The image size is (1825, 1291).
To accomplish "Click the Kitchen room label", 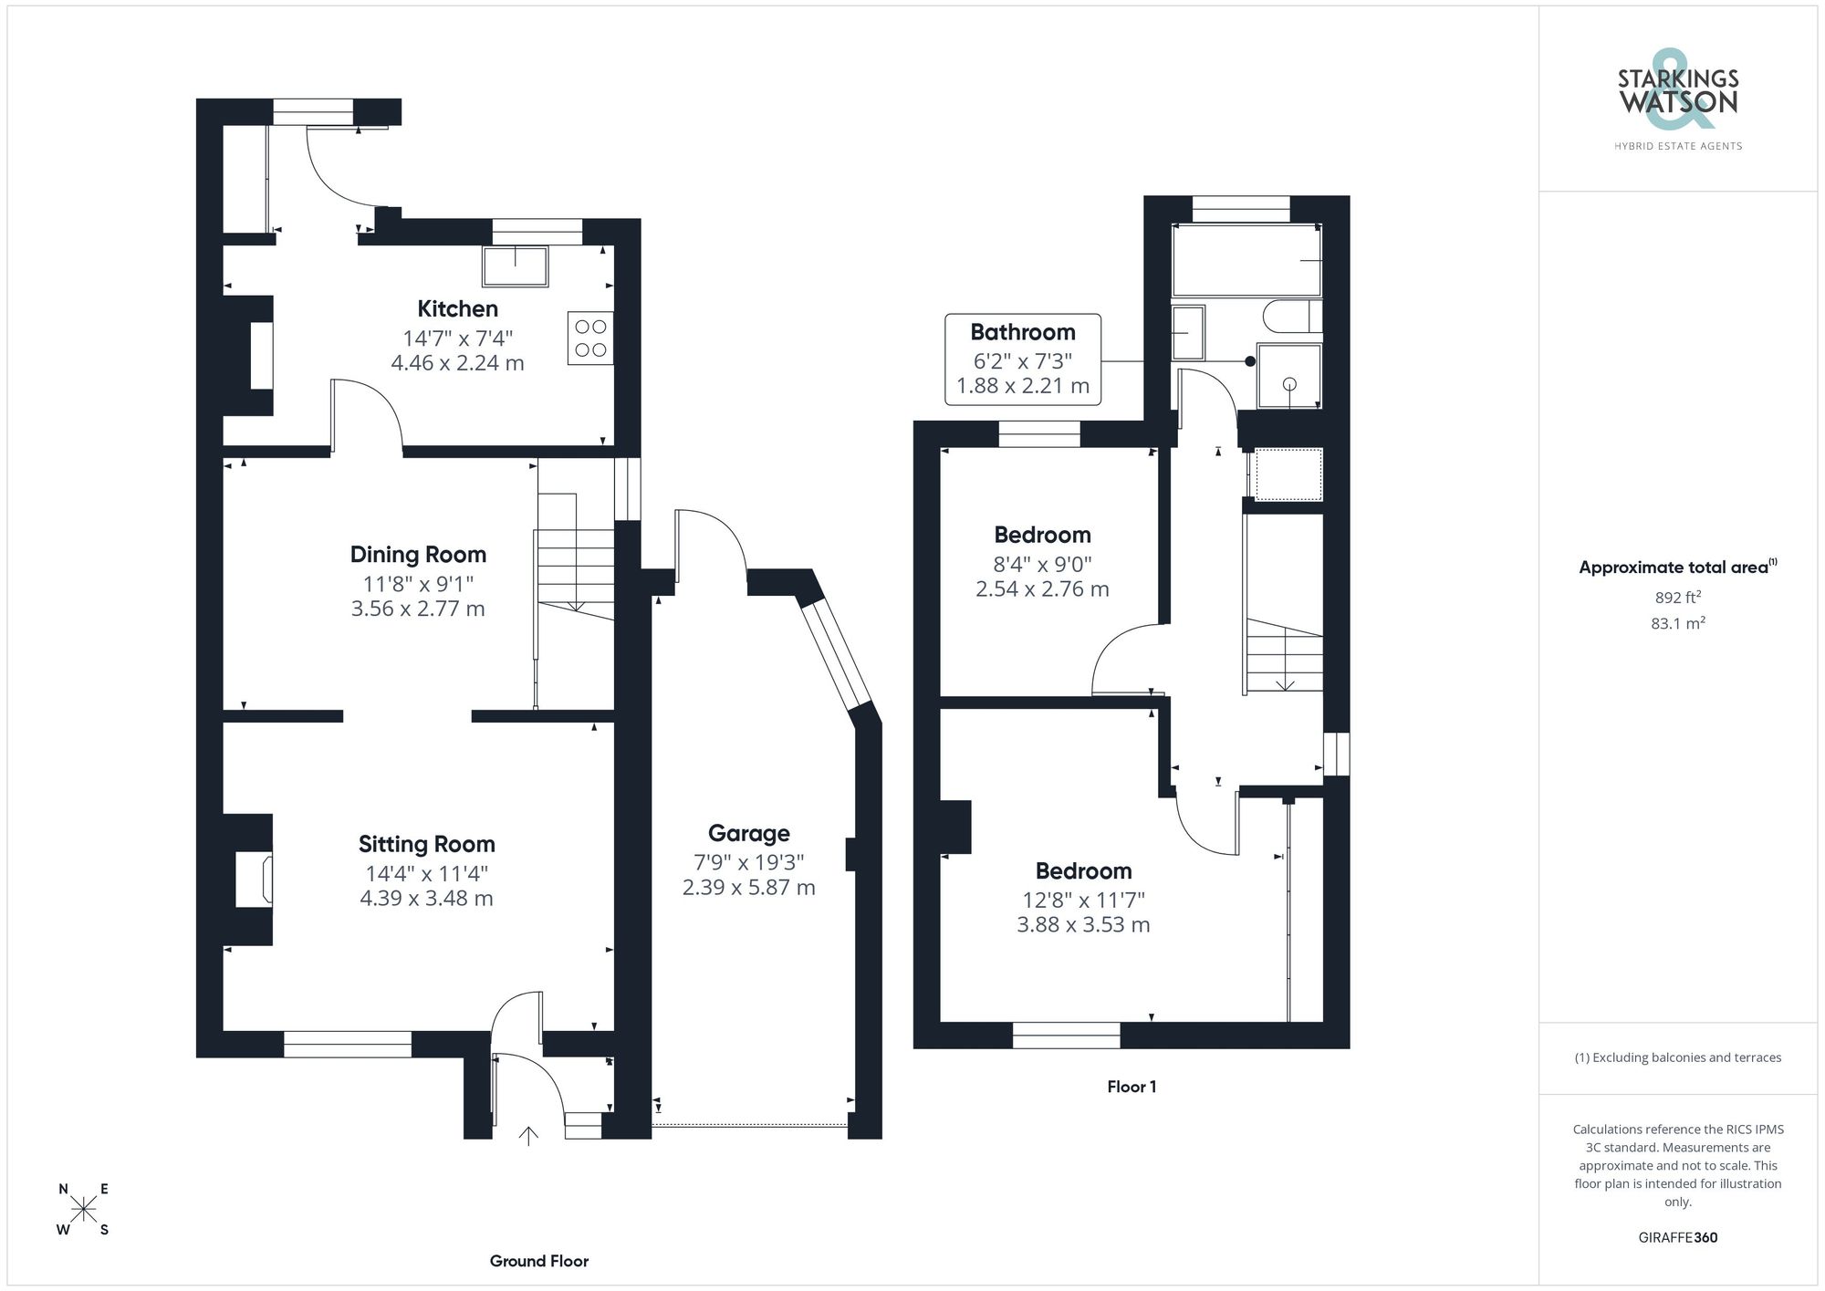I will [457, 308].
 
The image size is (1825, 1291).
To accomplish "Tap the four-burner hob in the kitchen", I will [590, 338].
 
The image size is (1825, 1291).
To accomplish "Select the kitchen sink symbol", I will [516, 266].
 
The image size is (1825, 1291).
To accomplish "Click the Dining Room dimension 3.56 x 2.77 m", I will [418, 609].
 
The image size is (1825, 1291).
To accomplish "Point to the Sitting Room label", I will [426, 844].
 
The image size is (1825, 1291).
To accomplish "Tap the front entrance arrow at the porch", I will [528, 1135].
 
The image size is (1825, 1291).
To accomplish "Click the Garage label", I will [748, 833].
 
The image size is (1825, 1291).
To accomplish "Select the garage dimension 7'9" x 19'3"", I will [748, 862].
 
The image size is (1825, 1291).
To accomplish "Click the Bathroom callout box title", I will [1022, 332].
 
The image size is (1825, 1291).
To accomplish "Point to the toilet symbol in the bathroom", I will [1291, 317].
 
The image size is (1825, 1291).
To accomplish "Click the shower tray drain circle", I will [1289, 384].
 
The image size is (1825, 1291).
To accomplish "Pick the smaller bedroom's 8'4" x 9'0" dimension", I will [1042, 564].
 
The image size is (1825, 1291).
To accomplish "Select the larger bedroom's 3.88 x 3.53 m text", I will [1083, 924].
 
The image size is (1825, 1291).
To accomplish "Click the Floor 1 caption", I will [1131, 1087].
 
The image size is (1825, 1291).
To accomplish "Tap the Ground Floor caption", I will [538, 1261].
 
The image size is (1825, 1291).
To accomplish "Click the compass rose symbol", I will [84, 1210].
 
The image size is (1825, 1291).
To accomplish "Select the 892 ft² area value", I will [1677, 598].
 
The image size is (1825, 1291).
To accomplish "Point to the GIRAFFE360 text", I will [1677, 1238].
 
